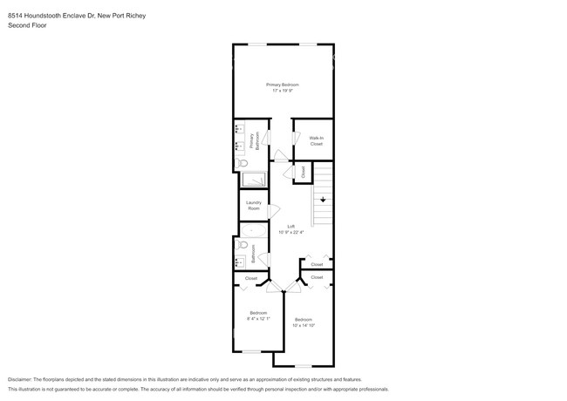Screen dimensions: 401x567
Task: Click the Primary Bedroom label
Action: click(x=283, y=84)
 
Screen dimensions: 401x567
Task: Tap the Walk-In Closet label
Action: click(x=316, y=140)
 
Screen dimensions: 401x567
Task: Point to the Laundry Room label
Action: click(x=253, y=206)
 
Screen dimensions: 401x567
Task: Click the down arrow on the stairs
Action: click(x=323, y=200)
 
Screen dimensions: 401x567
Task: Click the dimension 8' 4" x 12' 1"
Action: click(x=258, y=317)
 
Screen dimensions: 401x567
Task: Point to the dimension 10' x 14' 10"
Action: click(x=304, y=323)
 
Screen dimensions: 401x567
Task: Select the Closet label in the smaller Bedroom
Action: click(x=251, y=278)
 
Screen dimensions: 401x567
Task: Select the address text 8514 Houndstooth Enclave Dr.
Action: click(x=53, y=15)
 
